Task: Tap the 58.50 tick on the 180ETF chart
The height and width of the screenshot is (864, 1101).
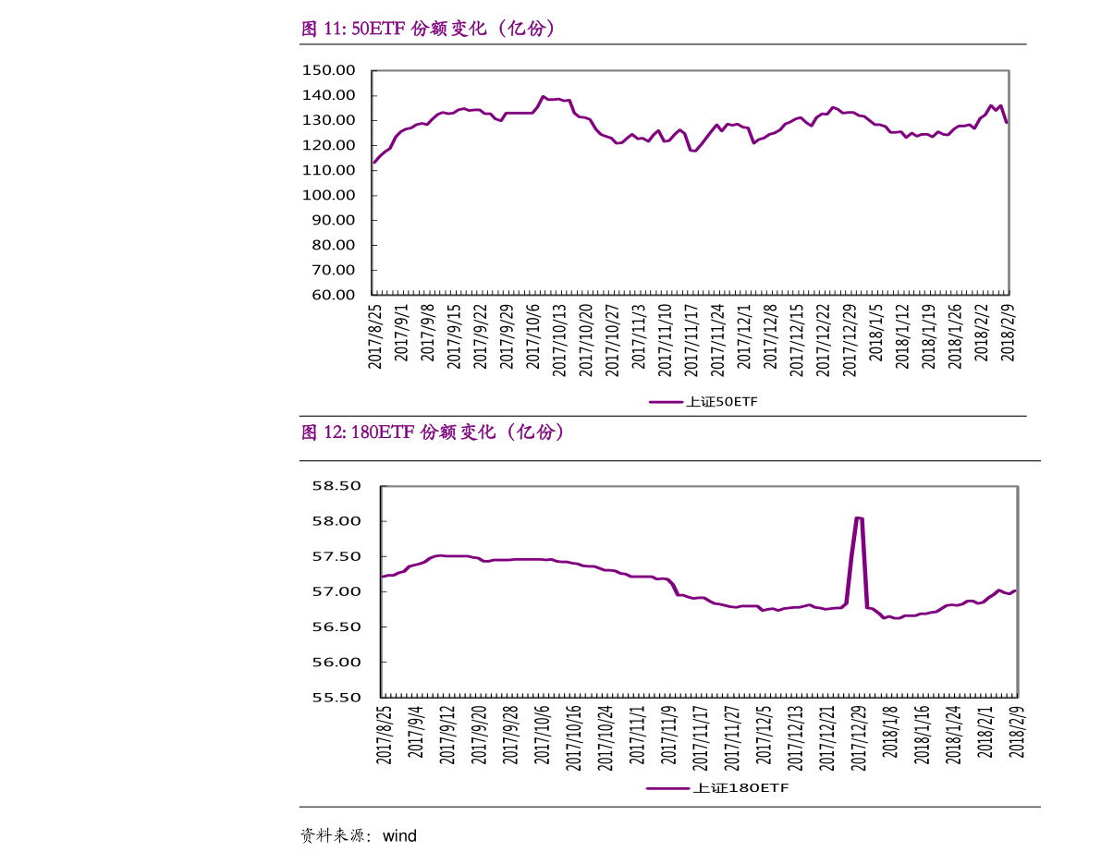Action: coord(336,486)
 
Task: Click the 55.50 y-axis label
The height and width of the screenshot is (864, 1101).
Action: coord(336,698)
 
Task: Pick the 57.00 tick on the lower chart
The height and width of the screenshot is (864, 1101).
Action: coord(336,591)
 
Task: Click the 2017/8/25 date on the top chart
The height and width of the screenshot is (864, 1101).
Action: coord(375,336)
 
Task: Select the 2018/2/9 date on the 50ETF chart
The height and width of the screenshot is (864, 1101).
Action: coord(1008,336)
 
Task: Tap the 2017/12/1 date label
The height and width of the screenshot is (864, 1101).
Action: coord(744,338)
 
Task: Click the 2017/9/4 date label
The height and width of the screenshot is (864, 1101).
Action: coord(416,734)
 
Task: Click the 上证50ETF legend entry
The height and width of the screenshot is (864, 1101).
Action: coord(703,402)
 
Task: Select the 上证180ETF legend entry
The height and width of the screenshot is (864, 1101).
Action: coord(717,788)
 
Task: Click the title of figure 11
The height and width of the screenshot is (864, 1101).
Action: coord(429,29)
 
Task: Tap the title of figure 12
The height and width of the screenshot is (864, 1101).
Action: coord(433,432)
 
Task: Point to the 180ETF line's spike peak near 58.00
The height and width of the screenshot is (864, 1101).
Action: coord(858,518)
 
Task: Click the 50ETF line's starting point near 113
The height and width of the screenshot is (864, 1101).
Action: coord(374,163)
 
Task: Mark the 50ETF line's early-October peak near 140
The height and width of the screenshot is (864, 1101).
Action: coord(544,96)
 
